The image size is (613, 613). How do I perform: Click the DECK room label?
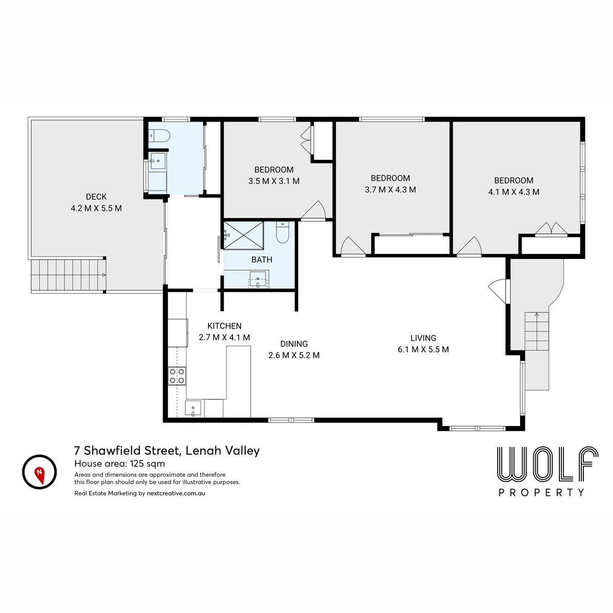(x=96, y=197)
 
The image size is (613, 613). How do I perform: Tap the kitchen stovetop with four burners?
(x=177, y=376)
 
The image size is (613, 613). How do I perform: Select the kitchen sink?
(x=193, y=409)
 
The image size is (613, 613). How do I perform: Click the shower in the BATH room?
(x=244, y=235)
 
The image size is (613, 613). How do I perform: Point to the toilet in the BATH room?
(x=282, y=232)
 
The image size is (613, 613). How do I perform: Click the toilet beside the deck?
(x=159, y=136)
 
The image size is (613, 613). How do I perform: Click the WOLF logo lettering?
(x=548, y=464)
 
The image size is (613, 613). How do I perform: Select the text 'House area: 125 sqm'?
(x=120, y=463)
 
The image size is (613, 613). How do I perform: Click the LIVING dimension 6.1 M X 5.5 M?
(x=423, y=349)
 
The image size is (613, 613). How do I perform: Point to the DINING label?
(x=294, y=344)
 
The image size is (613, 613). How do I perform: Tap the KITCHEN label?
(x=224, y=326)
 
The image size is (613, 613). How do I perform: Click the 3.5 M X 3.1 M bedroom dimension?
(x=274, y=181)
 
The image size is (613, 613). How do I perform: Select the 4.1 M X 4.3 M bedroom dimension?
(x=514, y=192)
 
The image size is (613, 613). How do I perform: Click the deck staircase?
(x=68, y=275)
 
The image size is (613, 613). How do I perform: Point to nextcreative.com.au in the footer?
(x=176, y=493)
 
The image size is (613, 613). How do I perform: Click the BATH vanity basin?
(x=257, y=279)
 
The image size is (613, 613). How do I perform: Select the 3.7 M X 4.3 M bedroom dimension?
(x=390, y=190)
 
